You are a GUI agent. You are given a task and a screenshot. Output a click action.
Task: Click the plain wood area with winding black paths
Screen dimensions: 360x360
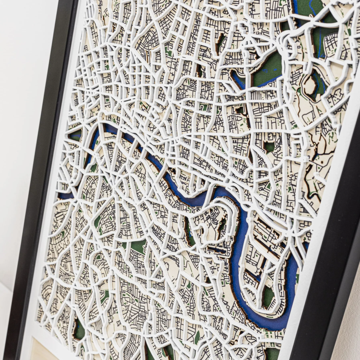315,175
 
